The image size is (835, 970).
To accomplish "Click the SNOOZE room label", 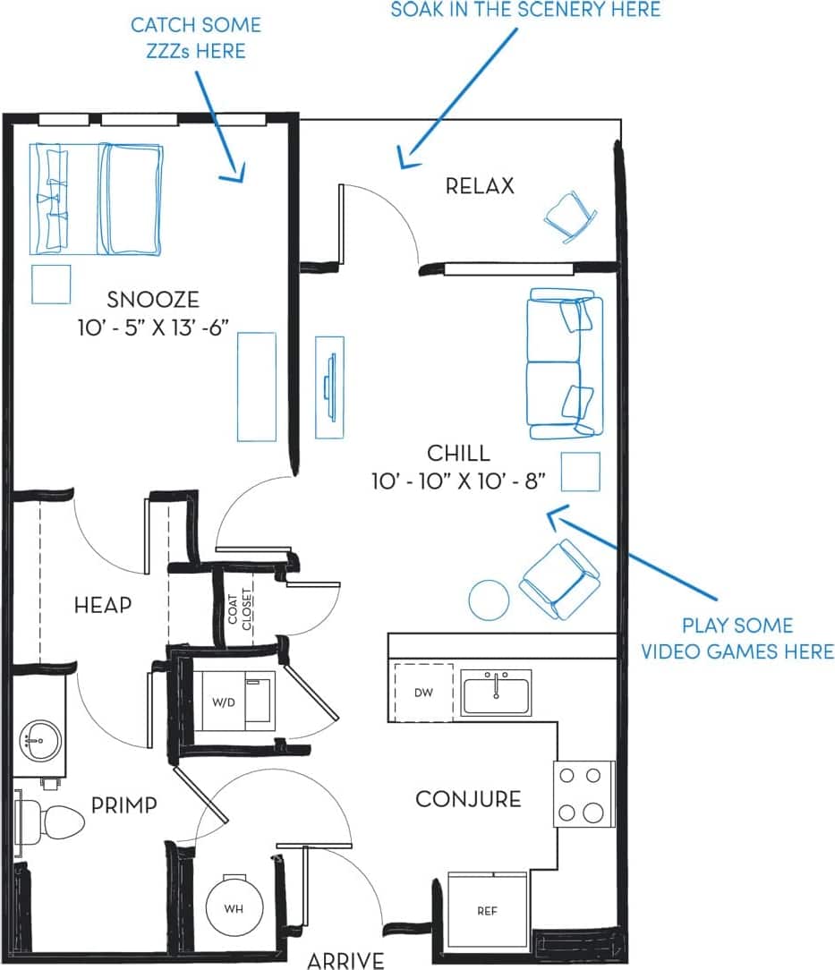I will tap(152, 299).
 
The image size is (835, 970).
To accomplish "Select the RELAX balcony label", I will tap(480, 186).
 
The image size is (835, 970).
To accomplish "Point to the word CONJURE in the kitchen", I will tap(468, 798).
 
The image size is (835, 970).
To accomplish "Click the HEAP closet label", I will tap(102, 605).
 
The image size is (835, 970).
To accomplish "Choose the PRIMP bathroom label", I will tap(124, 804).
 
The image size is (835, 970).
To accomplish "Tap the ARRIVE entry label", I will tap(345, 960).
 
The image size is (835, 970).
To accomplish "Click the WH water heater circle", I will tap(234, 908).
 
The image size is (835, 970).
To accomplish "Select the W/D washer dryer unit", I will tap(230, 701).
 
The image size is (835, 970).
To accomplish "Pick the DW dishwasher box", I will tap(423, 693).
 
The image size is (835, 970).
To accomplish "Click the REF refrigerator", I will tap(486, 911).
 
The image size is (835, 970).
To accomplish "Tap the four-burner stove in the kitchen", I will tap(584, 794).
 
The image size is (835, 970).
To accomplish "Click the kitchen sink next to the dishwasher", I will tap(496, 692).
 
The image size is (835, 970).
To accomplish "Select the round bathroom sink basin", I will tap(39, 740).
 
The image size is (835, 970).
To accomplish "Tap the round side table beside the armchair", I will tap(490, 599).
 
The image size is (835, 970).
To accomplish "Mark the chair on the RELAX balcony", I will tap(570, 216).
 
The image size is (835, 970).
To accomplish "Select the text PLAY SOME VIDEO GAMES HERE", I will tap(737, 638).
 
